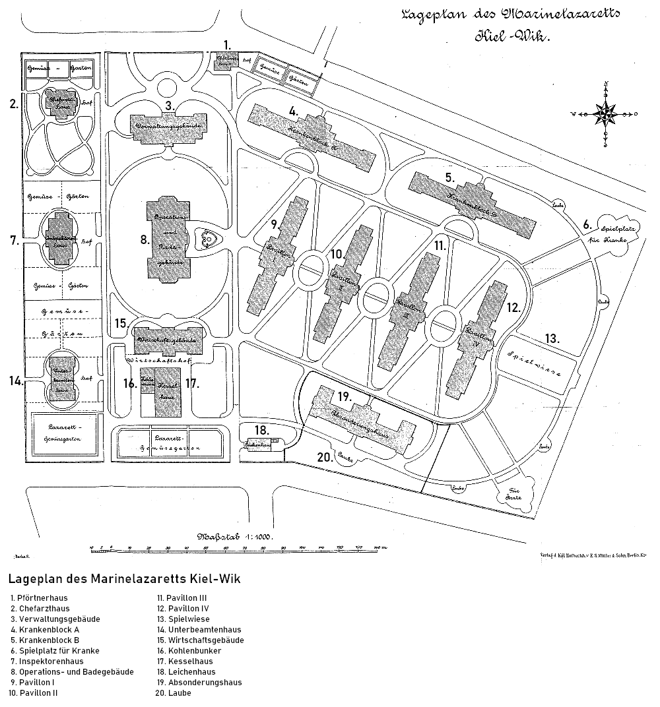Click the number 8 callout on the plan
(145, 239)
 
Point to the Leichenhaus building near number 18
(261, 445)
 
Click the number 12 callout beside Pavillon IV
(514, 307)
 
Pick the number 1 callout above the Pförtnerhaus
(228, 45)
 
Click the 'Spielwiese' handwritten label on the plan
(535, 363)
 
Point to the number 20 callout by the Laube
(324, 457)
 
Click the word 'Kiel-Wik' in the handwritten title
(511, 37)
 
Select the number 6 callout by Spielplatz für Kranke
(587, 224)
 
